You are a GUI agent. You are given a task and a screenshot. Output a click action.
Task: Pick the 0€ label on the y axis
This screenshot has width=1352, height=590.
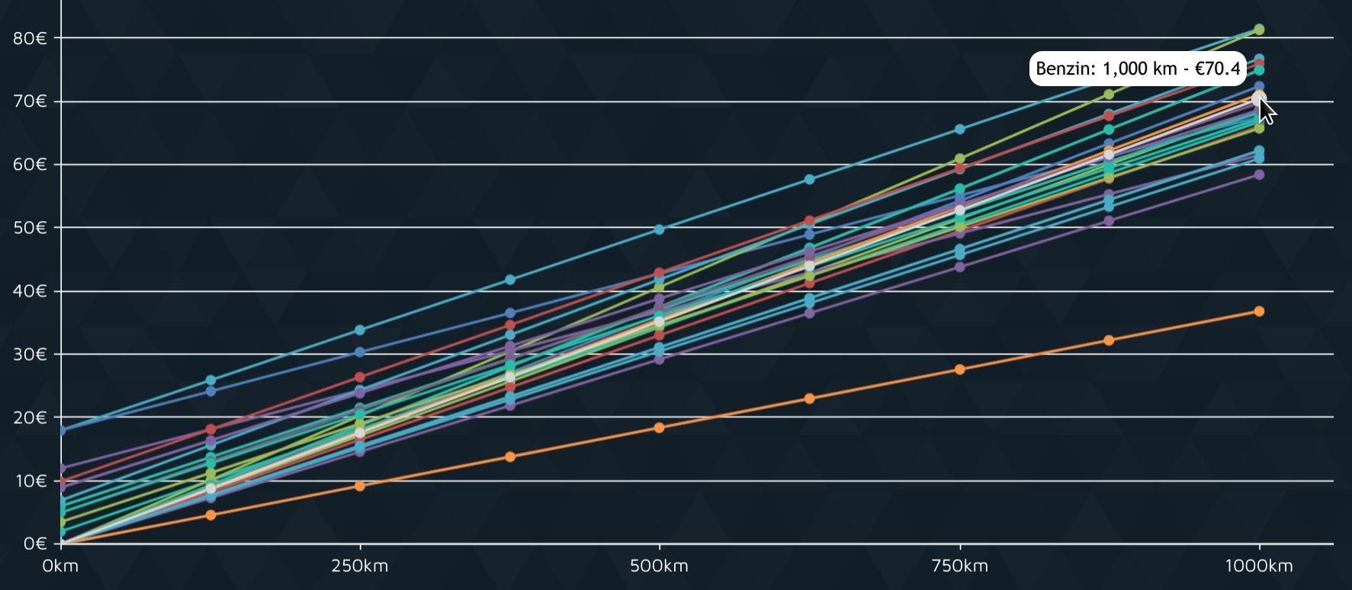[35, 544]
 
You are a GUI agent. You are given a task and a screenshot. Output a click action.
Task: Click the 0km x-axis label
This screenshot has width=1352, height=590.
[60, 566]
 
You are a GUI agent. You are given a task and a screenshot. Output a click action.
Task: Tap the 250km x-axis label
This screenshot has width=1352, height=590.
[360, 566]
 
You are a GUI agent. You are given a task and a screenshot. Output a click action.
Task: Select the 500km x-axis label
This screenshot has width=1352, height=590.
[660, 566]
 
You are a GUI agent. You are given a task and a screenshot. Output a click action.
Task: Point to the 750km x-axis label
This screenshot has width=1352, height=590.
[959, 566]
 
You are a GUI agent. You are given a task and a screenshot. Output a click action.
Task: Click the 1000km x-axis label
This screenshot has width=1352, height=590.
[1259, 566]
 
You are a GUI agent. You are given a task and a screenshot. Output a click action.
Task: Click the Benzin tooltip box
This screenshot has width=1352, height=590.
[1138, 69]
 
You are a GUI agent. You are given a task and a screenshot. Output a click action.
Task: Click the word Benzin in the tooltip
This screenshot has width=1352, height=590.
[1065, 69]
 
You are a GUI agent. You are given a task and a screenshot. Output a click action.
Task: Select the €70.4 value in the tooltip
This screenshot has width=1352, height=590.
[1218, 69]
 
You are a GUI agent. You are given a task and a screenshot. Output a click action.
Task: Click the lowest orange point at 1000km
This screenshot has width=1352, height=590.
[1259, 311]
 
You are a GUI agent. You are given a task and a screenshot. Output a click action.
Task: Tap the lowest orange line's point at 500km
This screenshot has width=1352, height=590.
[660, 428]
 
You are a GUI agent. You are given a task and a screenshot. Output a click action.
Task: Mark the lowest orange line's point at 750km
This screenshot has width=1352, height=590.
[959, 370]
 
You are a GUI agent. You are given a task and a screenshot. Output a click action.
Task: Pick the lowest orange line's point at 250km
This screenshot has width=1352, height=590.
[360, 486]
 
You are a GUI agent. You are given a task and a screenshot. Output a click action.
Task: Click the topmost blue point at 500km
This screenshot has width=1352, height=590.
[660, 229]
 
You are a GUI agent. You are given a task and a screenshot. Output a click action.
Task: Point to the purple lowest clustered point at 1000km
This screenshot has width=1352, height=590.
[1259, 175]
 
